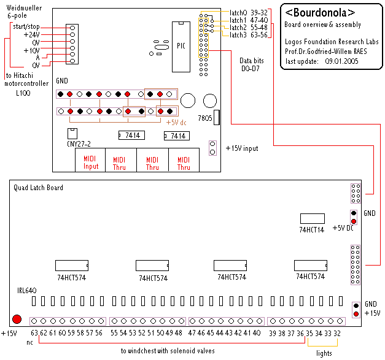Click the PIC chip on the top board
(180, 47)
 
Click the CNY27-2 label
(78, 145)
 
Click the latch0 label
(238, 12)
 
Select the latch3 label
(238, 36)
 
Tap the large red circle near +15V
(17, 319)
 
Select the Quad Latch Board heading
(39, 188)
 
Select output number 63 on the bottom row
(34, 333)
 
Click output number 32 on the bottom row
(337, 333)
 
